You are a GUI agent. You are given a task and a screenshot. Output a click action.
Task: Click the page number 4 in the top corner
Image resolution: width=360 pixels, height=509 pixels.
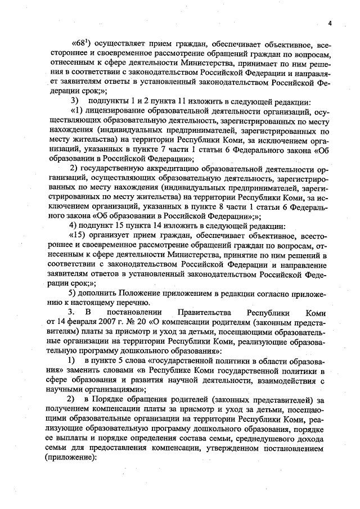331,22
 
